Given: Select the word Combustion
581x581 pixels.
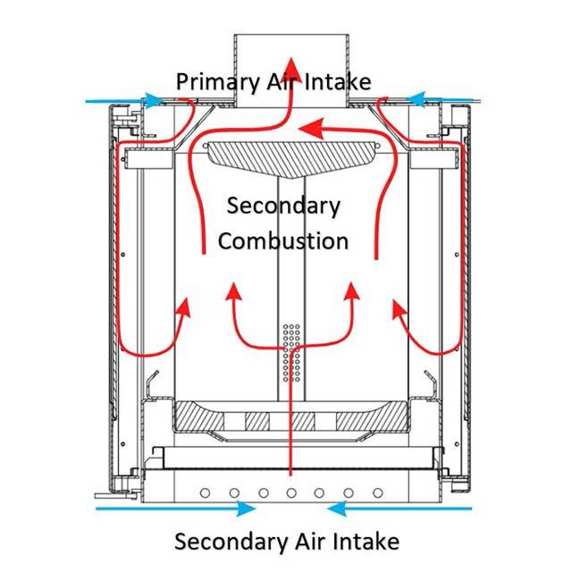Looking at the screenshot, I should coord(282,240).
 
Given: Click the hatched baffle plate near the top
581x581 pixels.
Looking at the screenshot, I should coord(289,153).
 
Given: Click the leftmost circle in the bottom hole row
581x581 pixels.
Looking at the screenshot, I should coord(206,493).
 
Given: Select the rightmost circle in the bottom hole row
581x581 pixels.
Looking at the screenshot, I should coord(377,493).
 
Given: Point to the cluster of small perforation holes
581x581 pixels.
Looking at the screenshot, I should coord(291,351).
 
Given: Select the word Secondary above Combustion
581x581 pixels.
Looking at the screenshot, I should coord(283,206).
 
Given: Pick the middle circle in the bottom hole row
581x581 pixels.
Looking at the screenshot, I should coord(291,493).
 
